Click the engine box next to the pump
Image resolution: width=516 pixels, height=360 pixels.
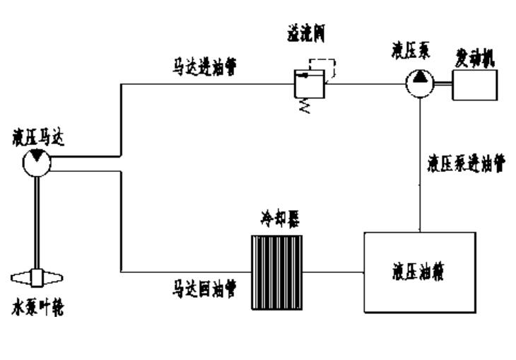coord(474,84)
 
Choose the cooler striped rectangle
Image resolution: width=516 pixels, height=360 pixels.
coord(278,269)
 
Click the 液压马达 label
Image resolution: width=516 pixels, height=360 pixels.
coord(35,136)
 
